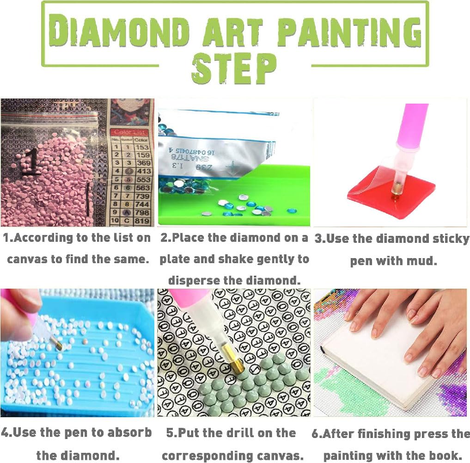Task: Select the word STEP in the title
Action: pyautogui.click(x=234, y=69)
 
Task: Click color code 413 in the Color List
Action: pyautogui.click(x=143, y=171)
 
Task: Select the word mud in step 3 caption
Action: pyautogui.click(x=421, y=261)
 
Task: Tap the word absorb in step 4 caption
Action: pyautogui.click(x=129, y=433)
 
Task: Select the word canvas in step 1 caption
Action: pyautogui.click(x=28, y=259)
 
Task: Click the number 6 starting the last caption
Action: pyautogui.click(x=316, y=434)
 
